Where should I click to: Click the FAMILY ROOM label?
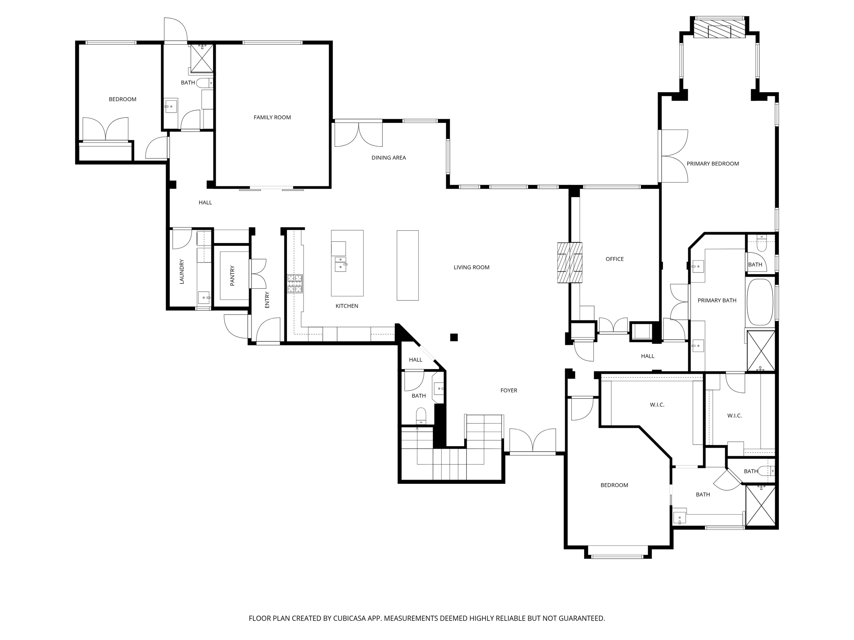tap(272, 117)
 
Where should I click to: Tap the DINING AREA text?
tap(388, 157)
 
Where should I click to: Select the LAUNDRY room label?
tap(181, 272)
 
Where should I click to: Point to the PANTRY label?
tap(232, 275)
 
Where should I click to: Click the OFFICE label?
tap(614, 259)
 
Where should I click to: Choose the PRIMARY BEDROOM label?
tap(712, 164)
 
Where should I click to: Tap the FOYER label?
tap(508, 390)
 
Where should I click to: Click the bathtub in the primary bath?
tap(760, 302)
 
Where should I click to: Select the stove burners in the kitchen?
tap(294, 283)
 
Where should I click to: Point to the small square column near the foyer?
tap(454, 337)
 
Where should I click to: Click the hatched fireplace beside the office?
tap(569, 262)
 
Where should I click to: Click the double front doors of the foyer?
tap(532, 441)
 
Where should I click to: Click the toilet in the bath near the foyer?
tap(421, 416)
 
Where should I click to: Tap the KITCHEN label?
tap(347, 306)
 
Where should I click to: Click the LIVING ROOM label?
tap(471, 267)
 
